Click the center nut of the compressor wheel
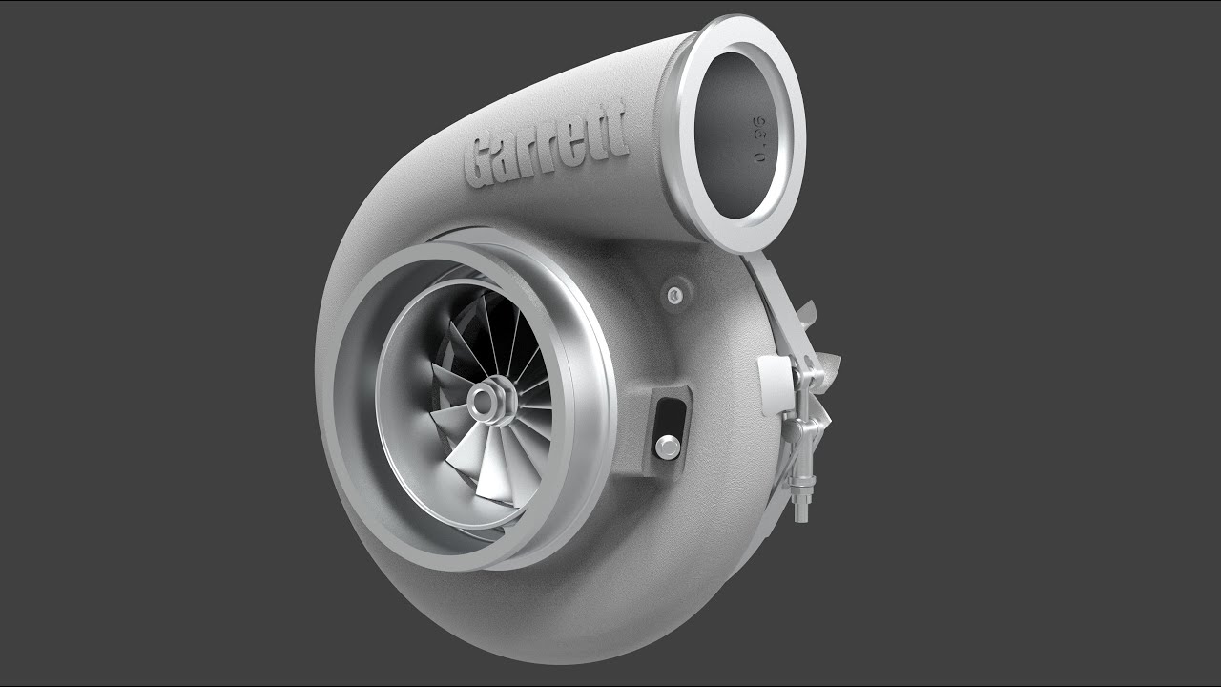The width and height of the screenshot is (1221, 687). (x=488, y=399)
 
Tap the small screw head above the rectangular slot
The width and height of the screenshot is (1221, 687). (x=676, y=294)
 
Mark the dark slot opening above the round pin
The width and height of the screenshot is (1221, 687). (x=672, y=415)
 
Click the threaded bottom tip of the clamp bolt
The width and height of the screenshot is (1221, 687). (x=802, y=510)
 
